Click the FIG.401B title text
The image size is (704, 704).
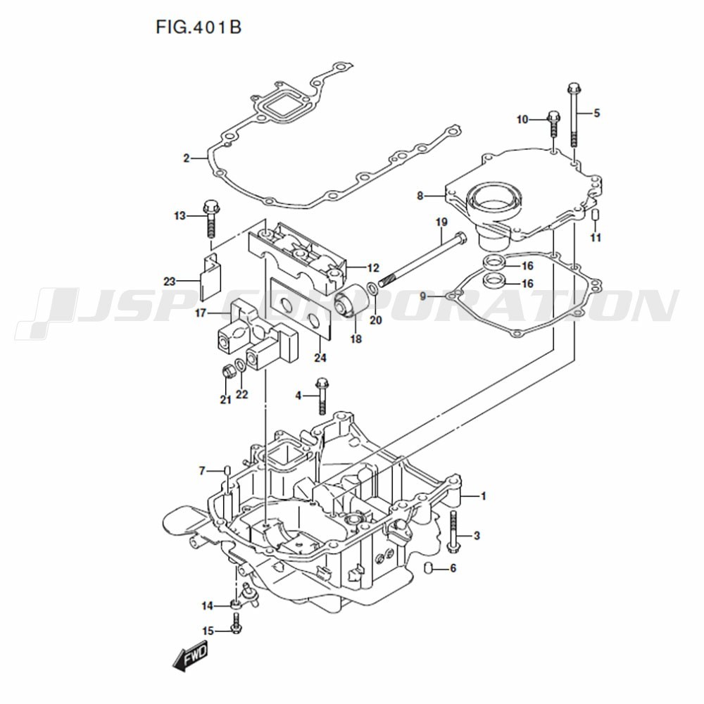199,27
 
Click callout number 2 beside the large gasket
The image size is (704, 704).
187,158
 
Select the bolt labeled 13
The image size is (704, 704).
210,218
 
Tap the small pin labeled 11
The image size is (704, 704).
595,215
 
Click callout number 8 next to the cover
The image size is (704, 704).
420,196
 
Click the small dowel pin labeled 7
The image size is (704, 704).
226,470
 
